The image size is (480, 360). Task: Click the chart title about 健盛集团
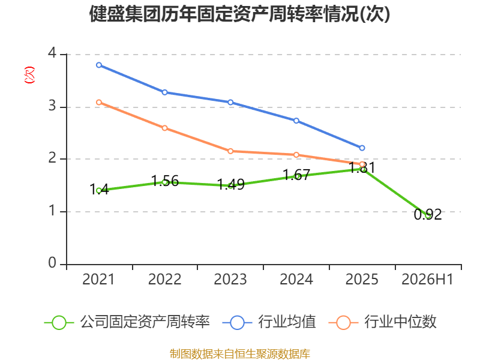coord(239,14)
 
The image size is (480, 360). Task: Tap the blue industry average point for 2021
coord(99,65)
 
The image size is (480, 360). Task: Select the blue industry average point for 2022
coord(164,92)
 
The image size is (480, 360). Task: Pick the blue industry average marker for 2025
coord(362,148)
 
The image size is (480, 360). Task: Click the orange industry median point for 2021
coord(99,102)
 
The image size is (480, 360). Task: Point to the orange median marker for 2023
coord(230,151)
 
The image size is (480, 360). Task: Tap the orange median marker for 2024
coord(296,155)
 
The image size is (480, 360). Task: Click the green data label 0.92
coord(428,214)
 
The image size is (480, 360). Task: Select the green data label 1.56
coord(164,181)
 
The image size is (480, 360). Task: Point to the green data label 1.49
coord(230,184)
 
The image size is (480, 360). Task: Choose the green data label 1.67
coord(296,175)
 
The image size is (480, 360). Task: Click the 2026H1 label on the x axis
coord(427,279)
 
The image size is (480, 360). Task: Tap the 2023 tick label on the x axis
coord(230,279)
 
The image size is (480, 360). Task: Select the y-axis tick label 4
coord(52,53)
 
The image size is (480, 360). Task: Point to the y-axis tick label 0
coord(52,263)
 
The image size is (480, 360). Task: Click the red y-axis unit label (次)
coord(29,75)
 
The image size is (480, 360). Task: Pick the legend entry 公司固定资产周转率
coord(127,322)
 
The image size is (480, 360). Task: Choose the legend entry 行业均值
coord(269,322)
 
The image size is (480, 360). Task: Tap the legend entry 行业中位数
coord(382,322)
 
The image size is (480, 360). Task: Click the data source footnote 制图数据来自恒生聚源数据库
coord(239,354)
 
